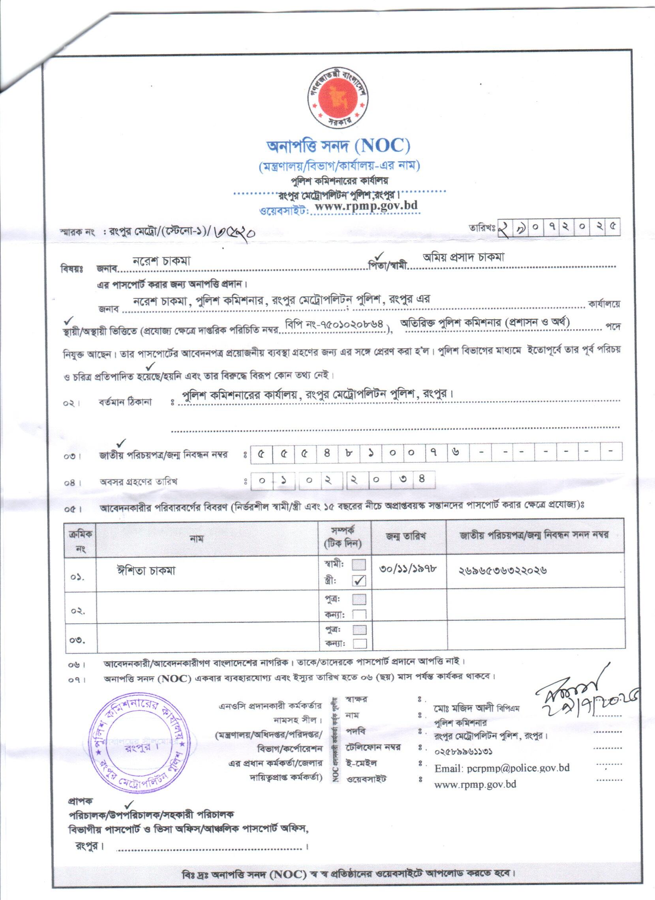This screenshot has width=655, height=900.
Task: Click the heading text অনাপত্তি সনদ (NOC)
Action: (339, 146)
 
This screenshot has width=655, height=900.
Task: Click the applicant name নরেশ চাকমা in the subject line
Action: (162, 261)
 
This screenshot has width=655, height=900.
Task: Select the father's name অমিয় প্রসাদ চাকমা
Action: (463, 258)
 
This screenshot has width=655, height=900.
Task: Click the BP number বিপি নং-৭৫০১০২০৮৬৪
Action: (336, 324)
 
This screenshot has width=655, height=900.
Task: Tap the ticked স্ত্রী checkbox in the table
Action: (359, 581)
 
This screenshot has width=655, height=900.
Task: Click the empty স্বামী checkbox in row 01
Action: (359, 565)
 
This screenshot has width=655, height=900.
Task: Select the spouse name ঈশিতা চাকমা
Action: (146, 571)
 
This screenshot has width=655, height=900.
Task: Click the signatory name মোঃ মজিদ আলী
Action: (464, 708)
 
